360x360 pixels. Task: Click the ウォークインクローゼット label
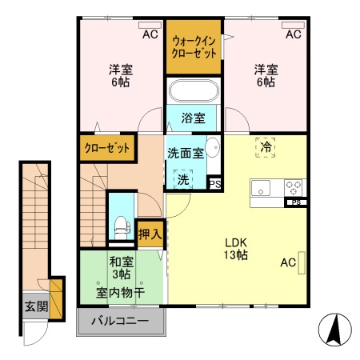coord(194,46)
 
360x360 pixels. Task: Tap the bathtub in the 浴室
coord(194,91)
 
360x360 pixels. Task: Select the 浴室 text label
coord(193,118)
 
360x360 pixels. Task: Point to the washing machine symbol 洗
coord(183,178)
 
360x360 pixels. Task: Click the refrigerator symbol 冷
coord(265,146)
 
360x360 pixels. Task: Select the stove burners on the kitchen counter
coord(294,188)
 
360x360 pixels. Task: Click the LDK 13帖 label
coord(235,249)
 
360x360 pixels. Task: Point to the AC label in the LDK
coord(288,262)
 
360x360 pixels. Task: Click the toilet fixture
coord(120,223)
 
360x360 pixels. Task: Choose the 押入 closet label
coord(150,234)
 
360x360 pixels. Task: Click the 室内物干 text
coord(120,292)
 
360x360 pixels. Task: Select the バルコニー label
coord(119,322)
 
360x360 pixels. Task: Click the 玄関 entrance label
coord(34,307)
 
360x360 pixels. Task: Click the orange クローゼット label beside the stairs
coord(107,149)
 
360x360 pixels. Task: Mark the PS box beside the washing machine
coord(214,183)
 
